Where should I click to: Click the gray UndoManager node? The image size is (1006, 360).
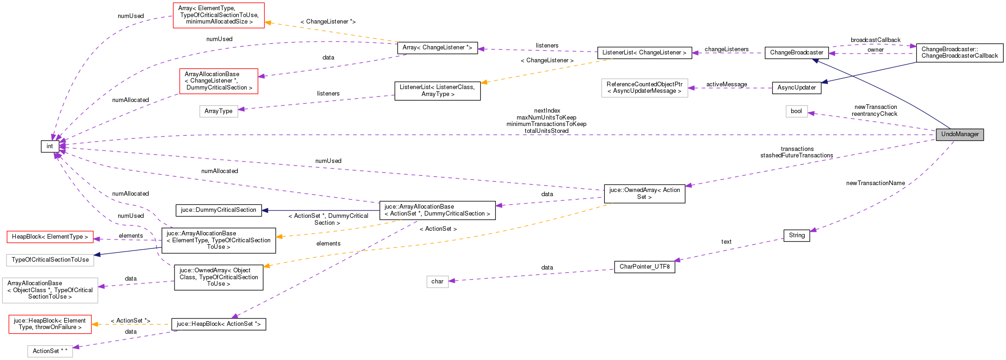click(959, 134)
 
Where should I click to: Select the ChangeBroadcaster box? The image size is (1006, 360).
click(796, 53)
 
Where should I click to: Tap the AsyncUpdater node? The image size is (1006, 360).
click(796, 88)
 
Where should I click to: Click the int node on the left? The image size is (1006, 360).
click(50, 146)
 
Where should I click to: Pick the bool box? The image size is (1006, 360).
click(796, 111)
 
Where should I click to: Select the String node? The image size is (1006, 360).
click(796, 235)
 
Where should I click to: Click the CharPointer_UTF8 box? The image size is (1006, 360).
click(644, 267)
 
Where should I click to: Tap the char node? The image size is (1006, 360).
click(437, 282)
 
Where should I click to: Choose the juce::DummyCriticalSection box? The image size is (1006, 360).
click(218, 210)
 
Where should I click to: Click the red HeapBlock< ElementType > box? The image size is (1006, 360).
click(50, 237)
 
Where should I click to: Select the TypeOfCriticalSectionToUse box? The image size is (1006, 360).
click(50, 260)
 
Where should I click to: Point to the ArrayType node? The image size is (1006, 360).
click(218, 111)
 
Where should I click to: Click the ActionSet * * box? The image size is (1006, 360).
click(50, 351)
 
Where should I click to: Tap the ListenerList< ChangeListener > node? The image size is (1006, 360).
click(644, 53)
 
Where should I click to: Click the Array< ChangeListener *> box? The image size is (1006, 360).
click(437, 48)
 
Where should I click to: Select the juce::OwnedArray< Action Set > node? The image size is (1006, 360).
click(644, 193)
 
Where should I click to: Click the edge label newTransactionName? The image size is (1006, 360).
click(875, 183)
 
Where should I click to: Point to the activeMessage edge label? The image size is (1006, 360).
click(726, 84)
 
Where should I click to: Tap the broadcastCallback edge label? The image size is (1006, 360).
click(875, 40)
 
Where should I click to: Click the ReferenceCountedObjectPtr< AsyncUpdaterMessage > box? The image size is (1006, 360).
click(644, 88)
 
